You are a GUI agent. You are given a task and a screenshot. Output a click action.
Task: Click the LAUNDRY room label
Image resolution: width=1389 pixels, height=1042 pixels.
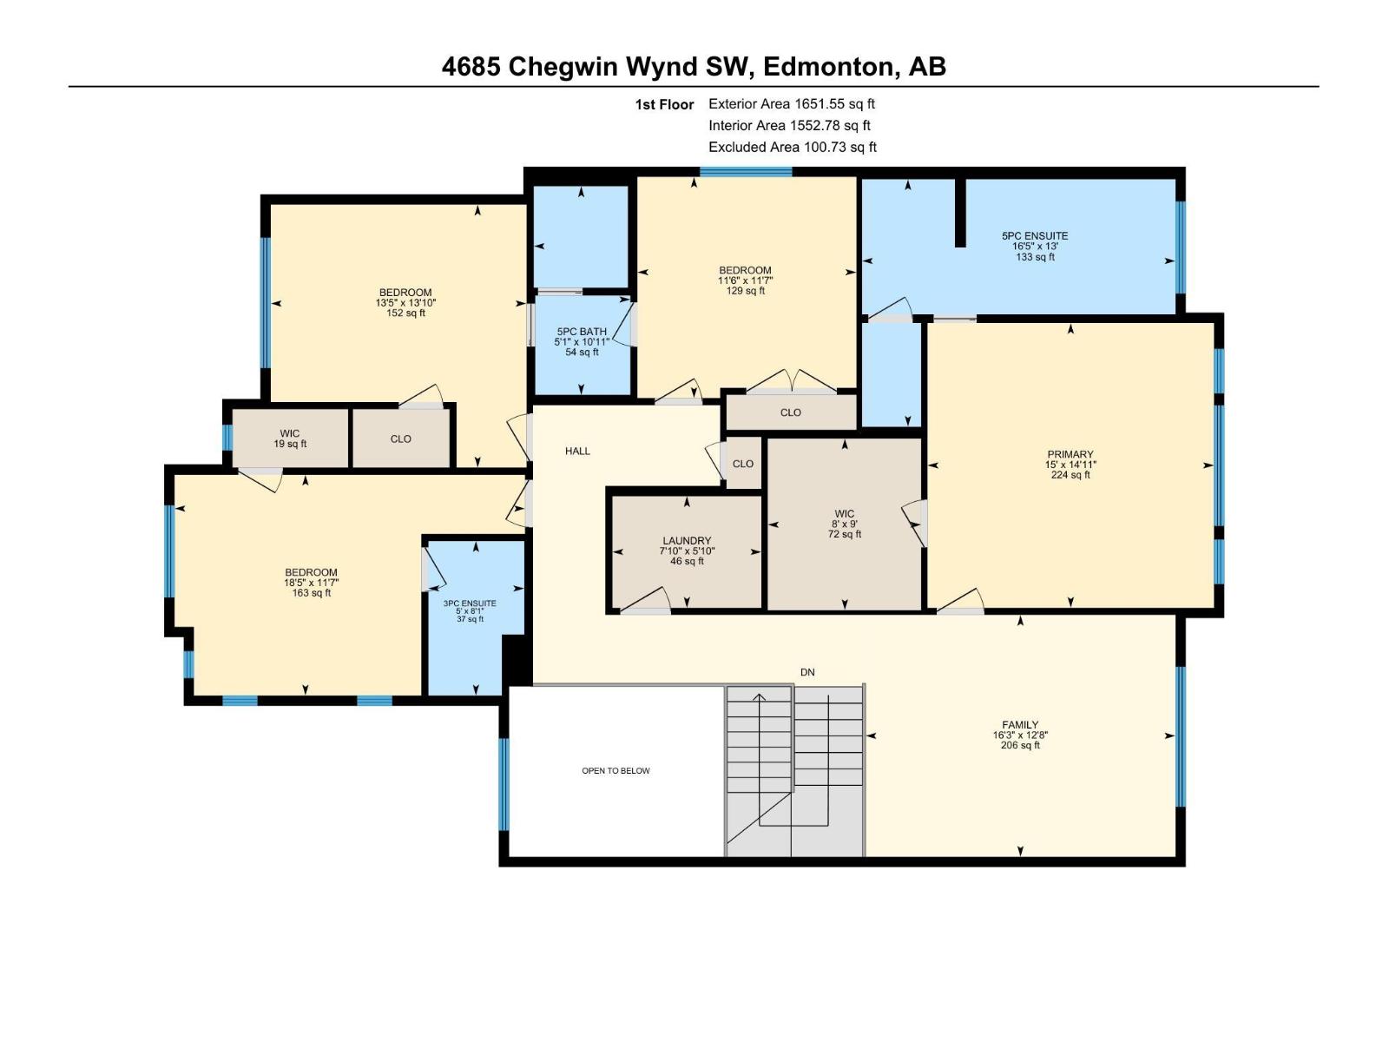tap(687, 541)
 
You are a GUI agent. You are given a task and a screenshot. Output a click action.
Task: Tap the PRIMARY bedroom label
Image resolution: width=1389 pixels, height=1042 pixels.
tap(1070, 454)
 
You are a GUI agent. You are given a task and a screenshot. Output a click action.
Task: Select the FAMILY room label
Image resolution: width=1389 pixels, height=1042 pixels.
tap(1019, 725)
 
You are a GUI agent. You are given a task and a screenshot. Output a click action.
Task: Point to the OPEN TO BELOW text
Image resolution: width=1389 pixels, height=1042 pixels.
tap(616, 771)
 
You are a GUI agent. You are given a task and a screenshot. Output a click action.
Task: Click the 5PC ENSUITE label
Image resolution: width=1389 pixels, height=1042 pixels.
tap(1035, 236)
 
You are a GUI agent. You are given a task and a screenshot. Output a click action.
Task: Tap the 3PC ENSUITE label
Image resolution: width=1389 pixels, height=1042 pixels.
tap(470, 603)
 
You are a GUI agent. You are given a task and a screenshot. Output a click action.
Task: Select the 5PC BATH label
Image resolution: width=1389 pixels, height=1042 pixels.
tap(582, 332)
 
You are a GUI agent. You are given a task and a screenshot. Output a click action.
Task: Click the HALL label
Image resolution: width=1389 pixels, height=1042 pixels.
tap(577, 451)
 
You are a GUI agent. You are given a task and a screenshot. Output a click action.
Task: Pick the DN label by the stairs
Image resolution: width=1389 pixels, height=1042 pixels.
tap(807, 672)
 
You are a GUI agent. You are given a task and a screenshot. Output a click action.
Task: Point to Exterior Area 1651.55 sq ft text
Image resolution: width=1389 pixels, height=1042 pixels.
tap(791, 104)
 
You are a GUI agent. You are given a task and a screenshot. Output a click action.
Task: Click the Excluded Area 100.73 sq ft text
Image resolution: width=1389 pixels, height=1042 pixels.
tap(792, 148)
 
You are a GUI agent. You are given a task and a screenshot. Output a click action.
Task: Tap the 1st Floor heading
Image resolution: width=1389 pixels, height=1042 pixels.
tap(664, 105)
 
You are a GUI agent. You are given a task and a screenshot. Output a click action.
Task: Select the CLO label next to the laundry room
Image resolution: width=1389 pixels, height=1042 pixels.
tap(743, 464)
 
